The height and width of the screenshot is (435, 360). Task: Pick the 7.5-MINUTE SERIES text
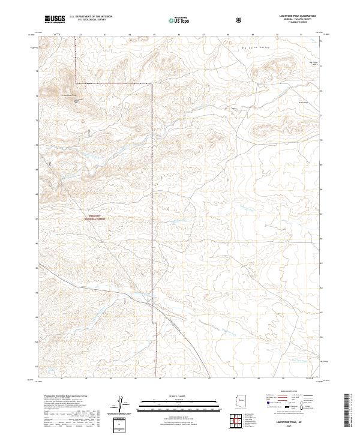click(x=287, y=24)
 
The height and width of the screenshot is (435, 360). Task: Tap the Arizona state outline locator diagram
click(x=241, y=401)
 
